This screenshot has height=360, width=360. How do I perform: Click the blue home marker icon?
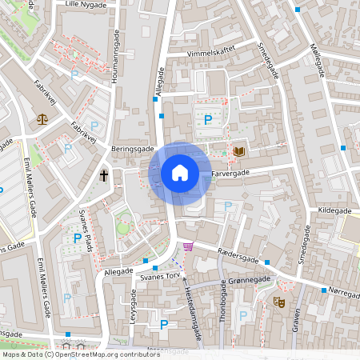179,173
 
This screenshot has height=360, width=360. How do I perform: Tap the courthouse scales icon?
42,118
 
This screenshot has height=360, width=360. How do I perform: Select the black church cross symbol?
104,174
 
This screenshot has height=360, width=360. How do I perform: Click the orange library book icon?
238,150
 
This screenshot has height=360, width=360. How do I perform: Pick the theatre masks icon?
279,302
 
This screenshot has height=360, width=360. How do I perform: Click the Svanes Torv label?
158,276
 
